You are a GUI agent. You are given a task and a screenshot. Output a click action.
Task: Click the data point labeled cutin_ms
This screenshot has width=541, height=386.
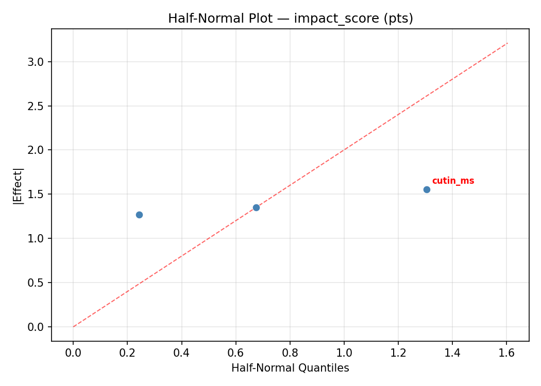click(x=427, y=189)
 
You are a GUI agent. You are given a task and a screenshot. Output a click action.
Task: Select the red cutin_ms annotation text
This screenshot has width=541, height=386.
click(x=453, y=181)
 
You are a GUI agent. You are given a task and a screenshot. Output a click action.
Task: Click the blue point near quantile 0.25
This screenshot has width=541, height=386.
click(x=139, y=215)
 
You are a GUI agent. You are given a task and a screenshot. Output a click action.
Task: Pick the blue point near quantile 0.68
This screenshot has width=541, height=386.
click(x=256, y=207)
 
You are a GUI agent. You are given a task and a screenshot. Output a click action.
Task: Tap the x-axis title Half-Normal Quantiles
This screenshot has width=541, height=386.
click(x=290, y=368)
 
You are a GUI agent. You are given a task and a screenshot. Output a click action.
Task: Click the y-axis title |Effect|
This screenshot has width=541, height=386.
click(x=18, y=185)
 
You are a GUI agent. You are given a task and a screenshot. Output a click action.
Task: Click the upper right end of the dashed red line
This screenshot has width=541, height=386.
click(x=508, y=43)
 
